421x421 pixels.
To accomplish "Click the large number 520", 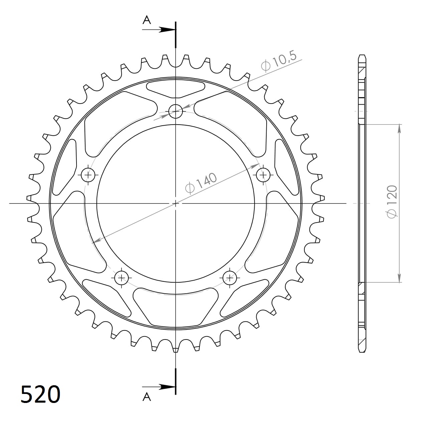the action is pos(40,394).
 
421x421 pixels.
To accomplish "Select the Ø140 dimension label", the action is pos(201,183).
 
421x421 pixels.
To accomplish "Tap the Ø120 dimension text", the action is pos(392,202).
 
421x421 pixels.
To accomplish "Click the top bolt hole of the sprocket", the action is pos(175,111).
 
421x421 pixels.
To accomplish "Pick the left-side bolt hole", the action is pos(88,175).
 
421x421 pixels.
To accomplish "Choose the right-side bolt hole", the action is pos(263,175).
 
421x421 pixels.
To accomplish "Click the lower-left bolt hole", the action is pos(122,278).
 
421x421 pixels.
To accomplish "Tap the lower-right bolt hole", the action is pos(230,278).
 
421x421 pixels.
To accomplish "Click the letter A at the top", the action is pos(147,20).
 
